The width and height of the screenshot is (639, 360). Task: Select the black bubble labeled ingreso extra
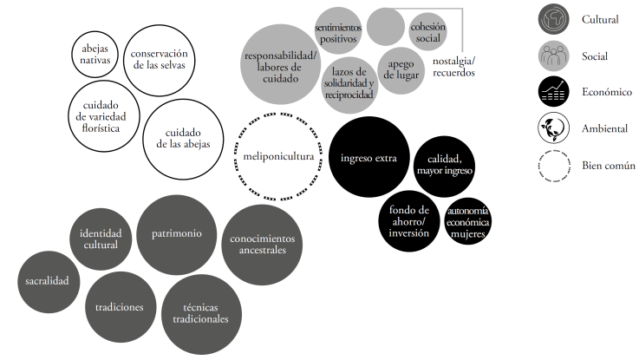pos(368,157)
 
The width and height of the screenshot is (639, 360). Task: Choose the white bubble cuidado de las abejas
pos(182,139)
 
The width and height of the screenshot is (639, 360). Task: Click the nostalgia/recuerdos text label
pos(453,66)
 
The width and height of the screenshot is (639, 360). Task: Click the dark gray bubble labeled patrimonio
pos(177,233)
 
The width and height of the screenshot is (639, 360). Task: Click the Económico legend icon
pos(552,91)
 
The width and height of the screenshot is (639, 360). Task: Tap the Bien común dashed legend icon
pos(552,166)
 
